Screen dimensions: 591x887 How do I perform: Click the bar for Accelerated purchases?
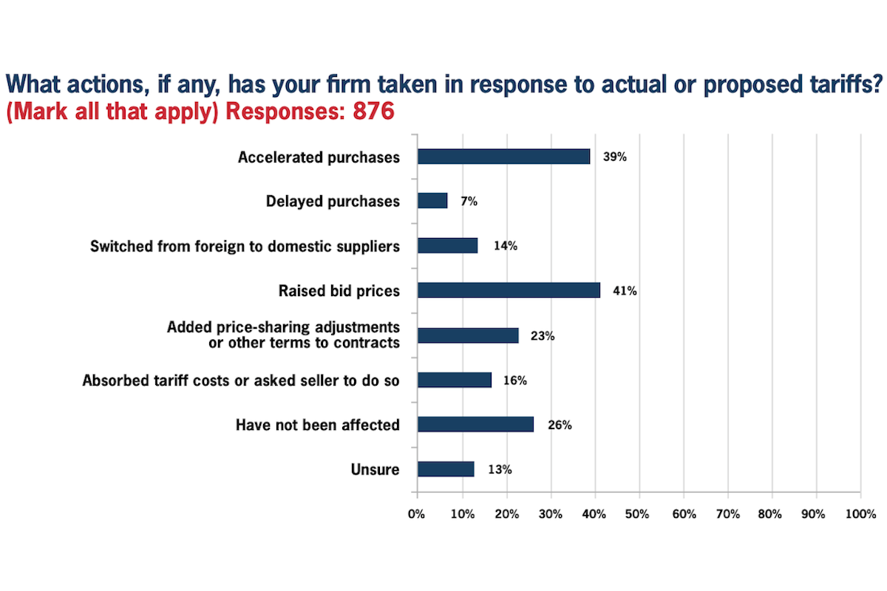(x=503, y=157)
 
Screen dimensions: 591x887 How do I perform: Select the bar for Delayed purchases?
(x=432, y=201)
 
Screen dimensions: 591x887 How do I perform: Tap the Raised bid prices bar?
(x=509, y=290)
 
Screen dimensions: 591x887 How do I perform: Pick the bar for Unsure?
(x=446, y=469)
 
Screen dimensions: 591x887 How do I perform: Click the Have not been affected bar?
(x=475, y=424)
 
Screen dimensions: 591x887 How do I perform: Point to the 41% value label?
(x=625, y=291)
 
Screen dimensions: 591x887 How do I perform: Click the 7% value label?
(x=468, y=202)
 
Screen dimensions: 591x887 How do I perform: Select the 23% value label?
(x=543, y=336)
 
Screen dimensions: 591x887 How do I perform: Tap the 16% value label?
(x=514, y=381)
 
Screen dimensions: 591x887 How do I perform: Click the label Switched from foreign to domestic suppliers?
(x=245, y=246)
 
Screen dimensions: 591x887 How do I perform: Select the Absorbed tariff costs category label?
(x=241, y=381)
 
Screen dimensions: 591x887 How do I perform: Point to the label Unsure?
(x=375, y=470)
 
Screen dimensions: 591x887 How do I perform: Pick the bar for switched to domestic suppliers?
(x=447, y=246)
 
